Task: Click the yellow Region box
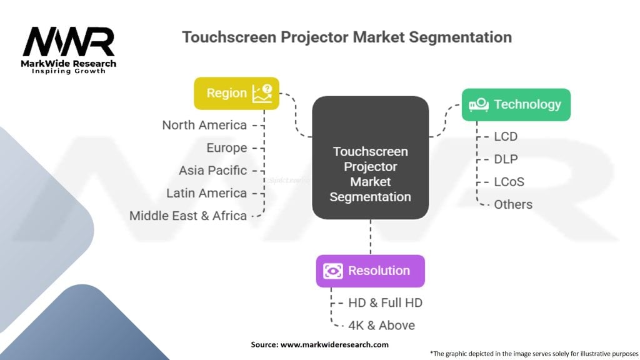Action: point(237,94)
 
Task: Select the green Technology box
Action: point(516,105)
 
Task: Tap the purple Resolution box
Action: point(370,271)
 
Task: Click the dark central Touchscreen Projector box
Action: point(370,157)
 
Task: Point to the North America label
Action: point(204,125)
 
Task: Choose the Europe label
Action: point(226,147)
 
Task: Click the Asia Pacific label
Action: point(212,170)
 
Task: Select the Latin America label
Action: point(206,193)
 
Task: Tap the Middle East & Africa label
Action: point(188,216)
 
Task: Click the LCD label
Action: point(506,136)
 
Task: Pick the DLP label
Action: point(506,159)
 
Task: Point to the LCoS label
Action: point(509,182)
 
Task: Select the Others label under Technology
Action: point(513,204)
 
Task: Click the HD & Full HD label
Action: point(385,303)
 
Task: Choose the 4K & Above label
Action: point(381,325)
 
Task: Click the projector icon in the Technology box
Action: point(479,104)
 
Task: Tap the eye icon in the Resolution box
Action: point(333,271)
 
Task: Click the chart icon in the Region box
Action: point(262,94)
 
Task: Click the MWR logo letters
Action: point(69,42)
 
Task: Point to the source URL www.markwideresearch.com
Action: point(334,345)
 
